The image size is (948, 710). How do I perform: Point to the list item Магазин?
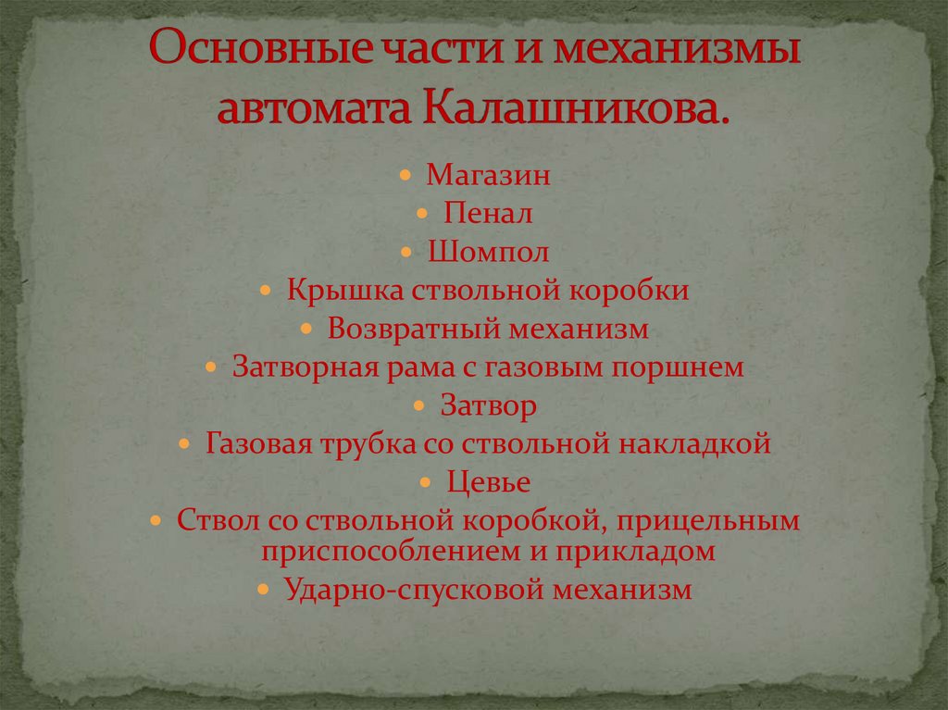tap(488, 175)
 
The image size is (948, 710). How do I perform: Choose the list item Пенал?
tap(488, 214)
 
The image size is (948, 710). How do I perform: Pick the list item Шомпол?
tap(488, 252)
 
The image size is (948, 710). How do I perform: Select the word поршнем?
tap(678, 367)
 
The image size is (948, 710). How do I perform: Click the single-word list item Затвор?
tap(488, 405)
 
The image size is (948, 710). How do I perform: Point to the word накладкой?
tap(701, 444)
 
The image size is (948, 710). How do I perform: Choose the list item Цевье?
tap(488, 482)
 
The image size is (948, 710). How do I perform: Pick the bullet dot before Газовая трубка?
tap(187, 444)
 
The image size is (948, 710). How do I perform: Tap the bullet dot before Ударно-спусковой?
tap(265, 590)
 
